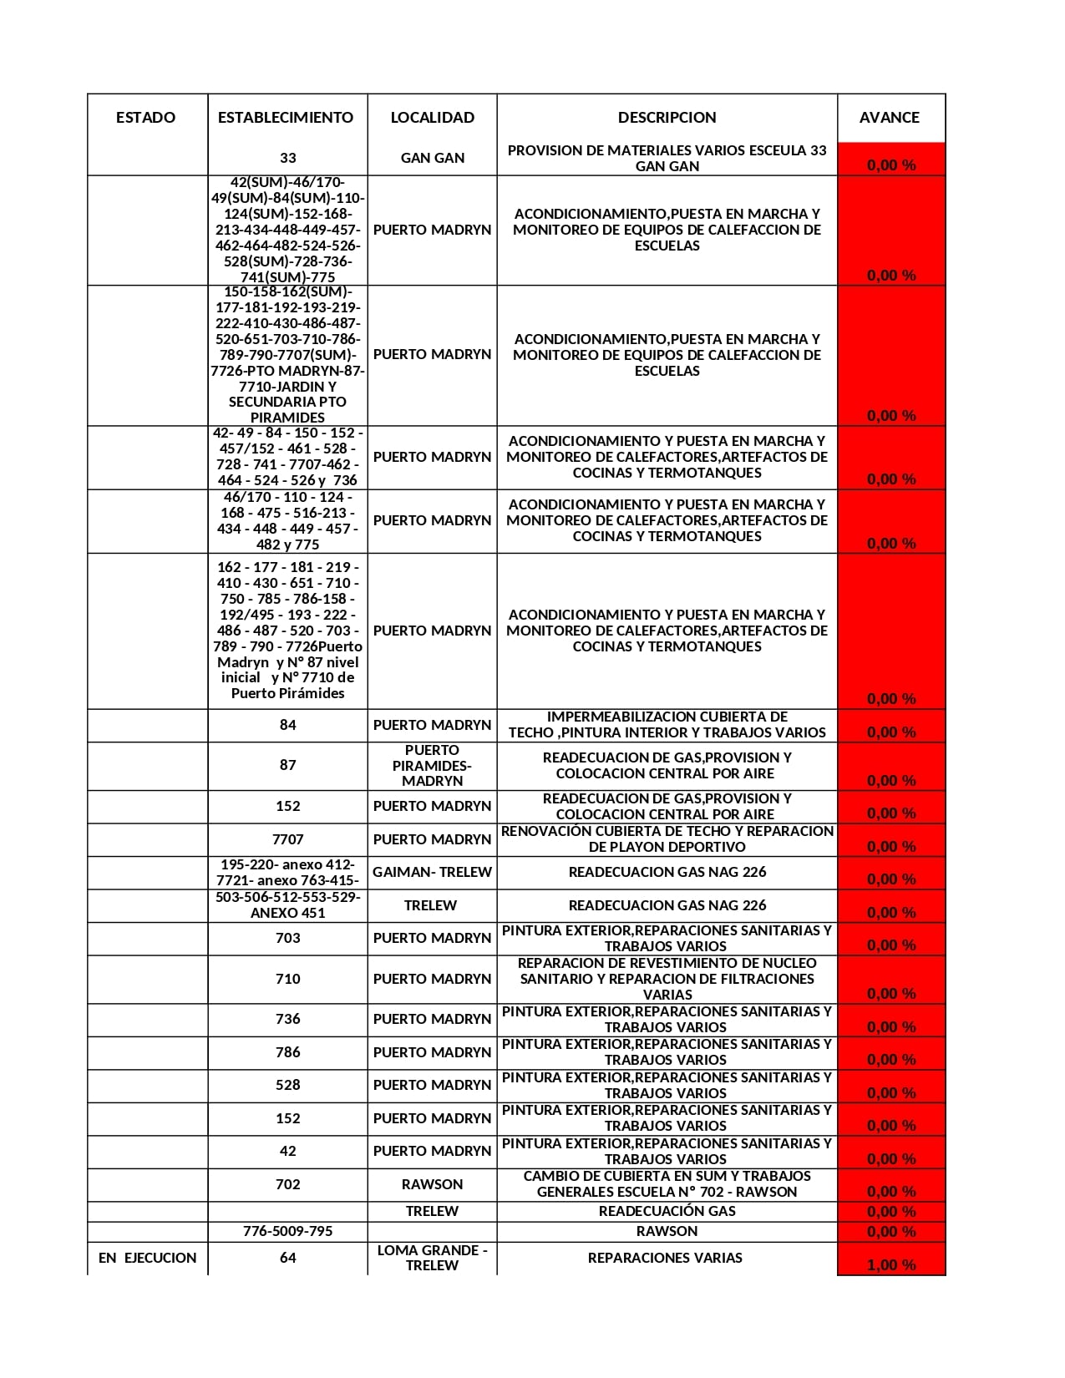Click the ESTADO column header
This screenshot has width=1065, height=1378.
[x=146, y=118]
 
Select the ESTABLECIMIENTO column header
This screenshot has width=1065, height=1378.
[x=286, y=118]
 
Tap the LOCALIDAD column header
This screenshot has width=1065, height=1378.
[x=432, y=118]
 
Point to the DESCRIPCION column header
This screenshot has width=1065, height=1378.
[x=667, y=118]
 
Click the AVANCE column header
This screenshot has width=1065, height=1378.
[x=889, y=118]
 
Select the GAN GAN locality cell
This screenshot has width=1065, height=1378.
[x=432, y=158]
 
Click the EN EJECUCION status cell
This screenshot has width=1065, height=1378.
[x=148, y=1258]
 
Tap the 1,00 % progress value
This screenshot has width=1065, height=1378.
[x=891, y=1265]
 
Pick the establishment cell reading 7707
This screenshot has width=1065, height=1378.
[x=287, y=839]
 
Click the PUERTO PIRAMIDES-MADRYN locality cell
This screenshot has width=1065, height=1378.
[x=432, y=765]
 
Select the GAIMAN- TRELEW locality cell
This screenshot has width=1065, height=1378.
[x=432, y=872]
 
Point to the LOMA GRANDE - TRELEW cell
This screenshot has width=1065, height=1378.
[x=432, y=1258]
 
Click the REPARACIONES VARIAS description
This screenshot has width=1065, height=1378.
[x=665, y=1258]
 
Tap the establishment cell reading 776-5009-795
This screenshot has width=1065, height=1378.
[x=287, y=1231]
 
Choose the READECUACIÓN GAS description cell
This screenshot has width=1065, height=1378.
[x=667, y=1211]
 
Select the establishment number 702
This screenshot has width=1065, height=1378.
[x=287, y=1184]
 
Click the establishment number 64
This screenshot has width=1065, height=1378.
[x=287, y=1258]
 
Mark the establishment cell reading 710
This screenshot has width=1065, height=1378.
[x=287, y=979]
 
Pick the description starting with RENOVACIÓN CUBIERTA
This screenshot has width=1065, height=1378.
[x=667, y=839]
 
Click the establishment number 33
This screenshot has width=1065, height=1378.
[x=287, y=158]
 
